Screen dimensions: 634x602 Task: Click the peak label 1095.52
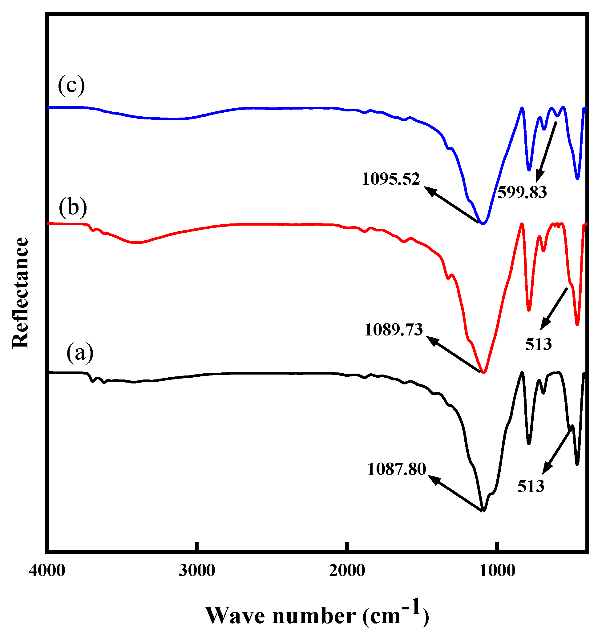pyautogui.click(x=390, y=179)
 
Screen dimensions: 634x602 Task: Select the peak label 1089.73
pyautogui.click(x=394, y=330)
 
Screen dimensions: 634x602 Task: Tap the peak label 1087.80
pyautogui.click(x=396, y=469)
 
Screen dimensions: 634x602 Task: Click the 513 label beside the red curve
pyautogui.click(x=538, y=344)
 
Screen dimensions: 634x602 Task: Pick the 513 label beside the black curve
pyautogui.click(x=531, y=487)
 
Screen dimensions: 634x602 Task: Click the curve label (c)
pyautogui.click(x=71, y=86)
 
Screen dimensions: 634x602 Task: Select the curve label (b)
pyautogui.click(x=73, y=207)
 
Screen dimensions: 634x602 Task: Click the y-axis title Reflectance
pyautogui.click(x=20, y=293)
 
